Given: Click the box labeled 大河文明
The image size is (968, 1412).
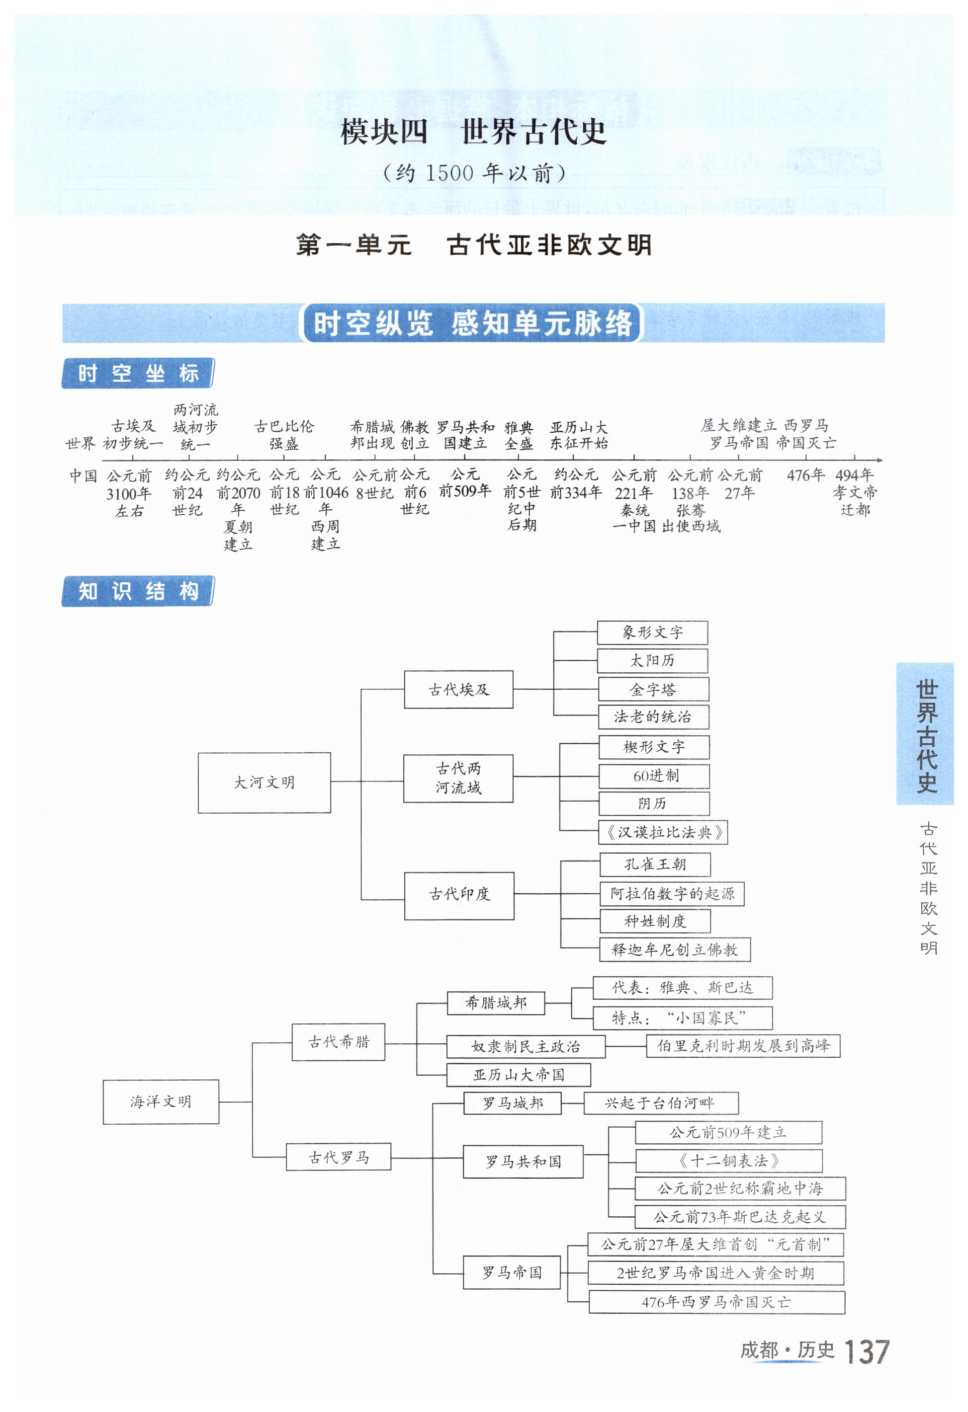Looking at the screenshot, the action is click(x=264, y=782).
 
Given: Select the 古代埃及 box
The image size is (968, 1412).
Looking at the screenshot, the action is click(x=459, y=689).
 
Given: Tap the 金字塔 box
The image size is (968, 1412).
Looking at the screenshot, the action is click(x=653, y=689).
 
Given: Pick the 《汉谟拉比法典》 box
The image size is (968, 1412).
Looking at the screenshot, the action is click(x=663, y=832).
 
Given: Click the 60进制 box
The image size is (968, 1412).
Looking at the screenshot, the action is click(x=654, y=776).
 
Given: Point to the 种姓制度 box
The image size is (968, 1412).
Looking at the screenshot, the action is click(x=655, y=921).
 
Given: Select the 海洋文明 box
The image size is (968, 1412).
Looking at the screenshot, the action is click(x=161, y=1102).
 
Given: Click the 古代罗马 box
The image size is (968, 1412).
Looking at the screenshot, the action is click(x=338, y=1157).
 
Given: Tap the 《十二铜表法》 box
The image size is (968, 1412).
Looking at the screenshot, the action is click(x=728, y=1160).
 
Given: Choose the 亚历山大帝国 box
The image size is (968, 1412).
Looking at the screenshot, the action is click(x=518, y=1075).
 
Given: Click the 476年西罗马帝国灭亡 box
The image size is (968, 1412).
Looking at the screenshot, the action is click(x=716, y=1302).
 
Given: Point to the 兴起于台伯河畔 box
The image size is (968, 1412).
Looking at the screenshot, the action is click(x=661, y=1103).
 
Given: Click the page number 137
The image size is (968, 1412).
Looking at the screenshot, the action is click(x=866, y=1352).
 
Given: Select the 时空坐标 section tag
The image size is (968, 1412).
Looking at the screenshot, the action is click(x=138, y=373).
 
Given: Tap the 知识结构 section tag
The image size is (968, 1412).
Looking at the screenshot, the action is click(x=138, y=591).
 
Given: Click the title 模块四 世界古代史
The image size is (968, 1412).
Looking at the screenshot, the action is click(x=473, y=132).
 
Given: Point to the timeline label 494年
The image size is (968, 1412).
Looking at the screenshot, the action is click(x=854, y=475).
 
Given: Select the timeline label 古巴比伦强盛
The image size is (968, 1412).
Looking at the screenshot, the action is click(x=284, y=434).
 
